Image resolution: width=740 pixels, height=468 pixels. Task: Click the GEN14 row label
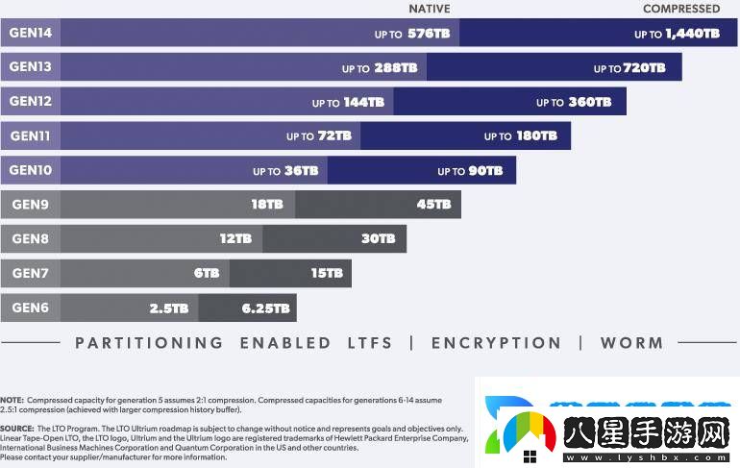30,33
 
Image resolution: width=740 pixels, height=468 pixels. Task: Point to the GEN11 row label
30,136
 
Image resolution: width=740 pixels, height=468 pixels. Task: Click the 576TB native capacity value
428,34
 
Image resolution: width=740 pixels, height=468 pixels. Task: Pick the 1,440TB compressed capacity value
691,34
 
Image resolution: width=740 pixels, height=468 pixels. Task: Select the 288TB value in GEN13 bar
395,68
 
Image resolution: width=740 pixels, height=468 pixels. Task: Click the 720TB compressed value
644,68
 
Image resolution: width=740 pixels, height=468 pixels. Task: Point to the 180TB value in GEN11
536,136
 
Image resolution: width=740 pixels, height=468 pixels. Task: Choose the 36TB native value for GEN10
301,171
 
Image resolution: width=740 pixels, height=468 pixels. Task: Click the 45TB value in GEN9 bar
433,205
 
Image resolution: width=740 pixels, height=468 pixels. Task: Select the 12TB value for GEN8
235,239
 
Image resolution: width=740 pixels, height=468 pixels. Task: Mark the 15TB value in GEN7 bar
327,274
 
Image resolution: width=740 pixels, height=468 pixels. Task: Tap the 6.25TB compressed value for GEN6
266,308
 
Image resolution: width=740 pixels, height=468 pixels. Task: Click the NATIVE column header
429,9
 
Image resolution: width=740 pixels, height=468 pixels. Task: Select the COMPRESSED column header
680,9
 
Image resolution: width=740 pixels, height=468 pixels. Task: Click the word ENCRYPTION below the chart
496,343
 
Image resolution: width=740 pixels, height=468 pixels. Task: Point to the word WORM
631,343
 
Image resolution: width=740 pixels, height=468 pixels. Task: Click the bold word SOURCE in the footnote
16,429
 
